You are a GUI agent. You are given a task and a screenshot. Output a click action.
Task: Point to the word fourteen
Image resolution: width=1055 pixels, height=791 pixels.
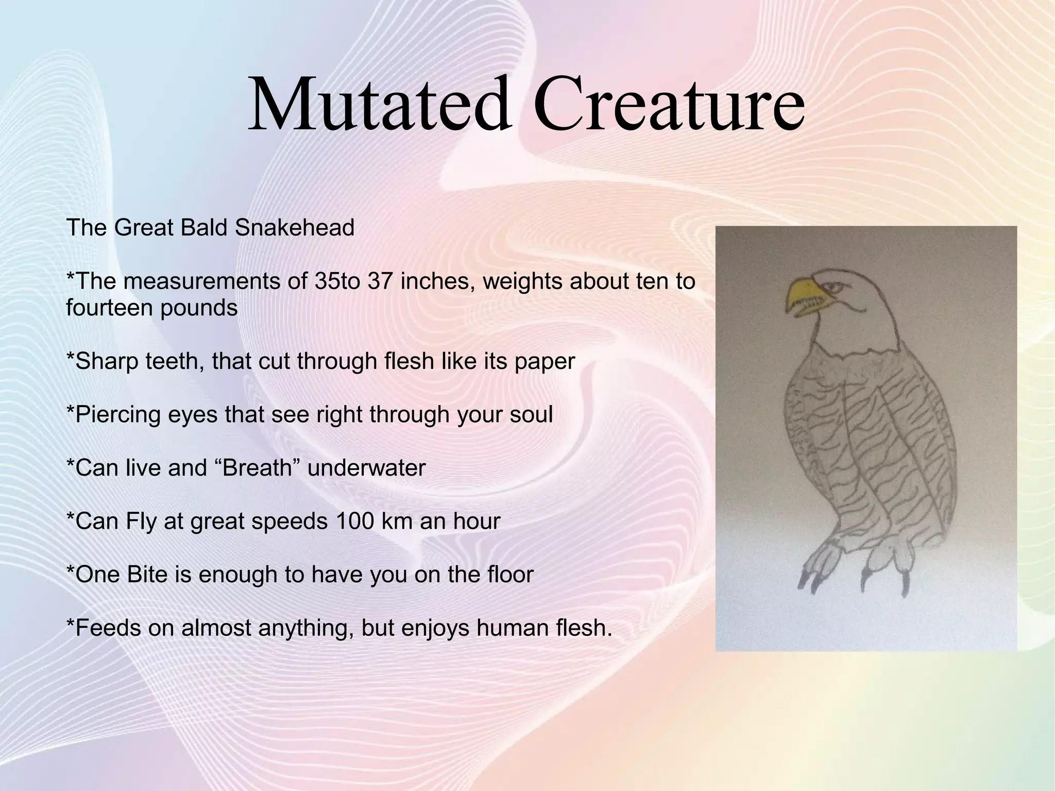[109, 308]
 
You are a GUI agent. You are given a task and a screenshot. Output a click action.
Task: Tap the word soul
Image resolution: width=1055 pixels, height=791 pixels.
[531, 414]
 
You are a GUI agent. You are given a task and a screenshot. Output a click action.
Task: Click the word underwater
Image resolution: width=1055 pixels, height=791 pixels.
[366, 468]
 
